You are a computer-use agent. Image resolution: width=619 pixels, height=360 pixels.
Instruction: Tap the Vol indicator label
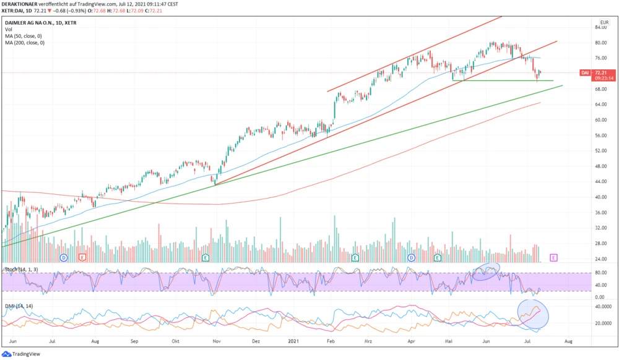click(8, 29)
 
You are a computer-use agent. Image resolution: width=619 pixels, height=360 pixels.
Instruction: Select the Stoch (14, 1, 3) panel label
click(20, 269)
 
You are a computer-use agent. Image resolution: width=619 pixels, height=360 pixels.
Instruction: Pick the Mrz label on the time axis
click(370, 340)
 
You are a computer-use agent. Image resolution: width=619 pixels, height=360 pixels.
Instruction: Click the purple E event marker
click(553, 257)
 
